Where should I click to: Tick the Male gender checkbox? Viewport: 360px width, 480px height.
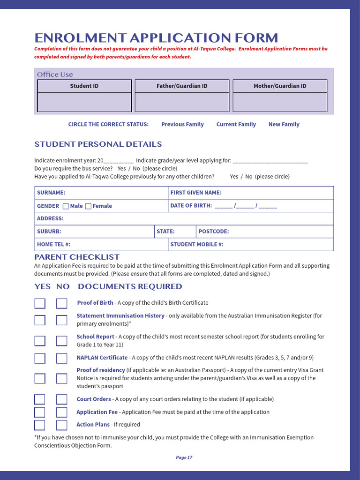pos(66,206)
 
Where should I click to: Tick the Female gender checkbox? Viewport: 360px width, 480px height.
pos(88,206)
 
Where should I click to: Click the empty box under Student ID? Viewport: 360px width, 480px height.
pos(84,102)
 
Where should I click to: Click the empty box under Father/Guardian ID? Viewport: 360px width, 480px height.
pos(182,102)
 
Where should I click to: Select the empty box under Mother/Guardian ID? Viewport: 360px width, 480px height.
pos(280,102)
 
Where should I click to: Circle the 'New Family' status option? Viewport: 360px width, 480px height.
pos(284,124)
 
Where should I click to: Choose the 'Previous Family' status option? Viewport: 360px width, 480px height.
pos(182,124)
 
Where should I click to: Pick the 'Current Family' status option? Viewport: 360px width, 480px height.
pos(236,124)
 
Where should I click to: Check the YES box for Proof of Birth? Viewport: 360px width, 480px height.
pos(40,303)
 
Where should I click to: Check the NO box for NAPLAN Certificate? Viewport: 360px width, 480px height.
pos(62,359)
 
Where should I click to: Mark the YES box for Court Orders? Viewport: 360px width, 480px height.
pos(40,399)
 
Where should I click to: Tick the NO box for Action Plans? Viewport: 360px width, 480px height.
pos(62,425)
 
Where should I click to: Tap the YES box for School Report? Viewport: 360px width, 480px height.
pos(40,341)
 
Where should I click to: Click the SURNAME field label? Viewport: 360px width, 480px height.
pos(51,193)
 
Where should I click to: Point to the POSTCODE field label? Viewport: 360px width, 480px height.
pos(213,232)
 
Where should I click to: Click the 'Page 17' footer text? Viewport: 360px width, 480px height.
pos(184,457)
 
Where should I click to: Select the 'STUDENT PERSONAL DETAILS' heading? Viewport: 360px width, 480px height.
pos(98,144)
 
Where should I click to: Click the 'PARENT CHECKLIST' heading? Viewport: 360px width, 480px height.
pos(77,257)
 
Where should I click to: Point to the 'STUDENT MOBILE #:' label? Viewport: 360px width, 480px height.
pos(197,244)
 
